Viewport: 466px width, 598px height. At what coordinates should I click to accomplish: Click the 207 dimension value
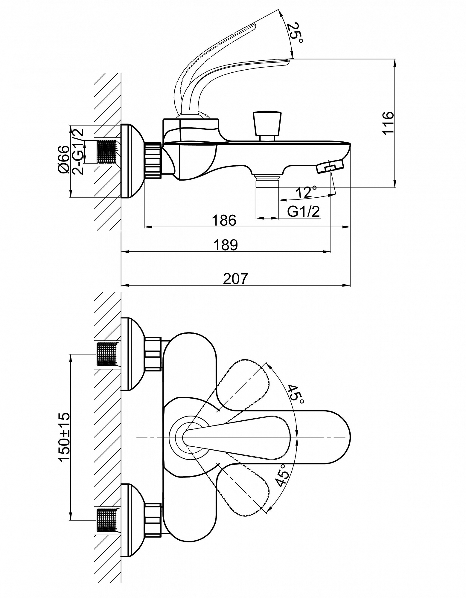[236, 279]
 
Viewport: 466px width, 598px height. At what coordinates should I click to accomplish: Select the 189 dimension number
[226, 245]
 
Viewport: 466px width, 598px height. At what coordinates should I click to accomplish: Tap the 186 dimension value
[224, 220]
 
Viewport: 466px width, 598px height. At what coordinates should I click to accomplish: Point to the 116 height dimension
[388, 123]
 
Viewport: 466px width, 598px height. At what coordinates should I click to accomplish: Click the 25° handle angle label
[295, 33]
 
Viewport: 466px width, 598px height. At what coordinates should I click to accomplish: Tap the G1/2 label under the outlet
[303, 211]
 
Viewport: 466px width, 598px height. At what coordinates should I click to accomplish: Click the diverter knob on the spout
[267, 126]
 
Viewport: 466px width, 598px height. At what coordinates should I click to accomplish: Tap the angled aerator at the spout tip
[330, 166]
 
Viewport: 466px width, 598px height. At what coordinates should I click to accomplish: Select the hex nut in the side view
[153, 161]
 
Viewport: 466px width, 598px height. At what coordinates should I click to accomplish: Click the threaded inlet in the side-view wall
[107, 152]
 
